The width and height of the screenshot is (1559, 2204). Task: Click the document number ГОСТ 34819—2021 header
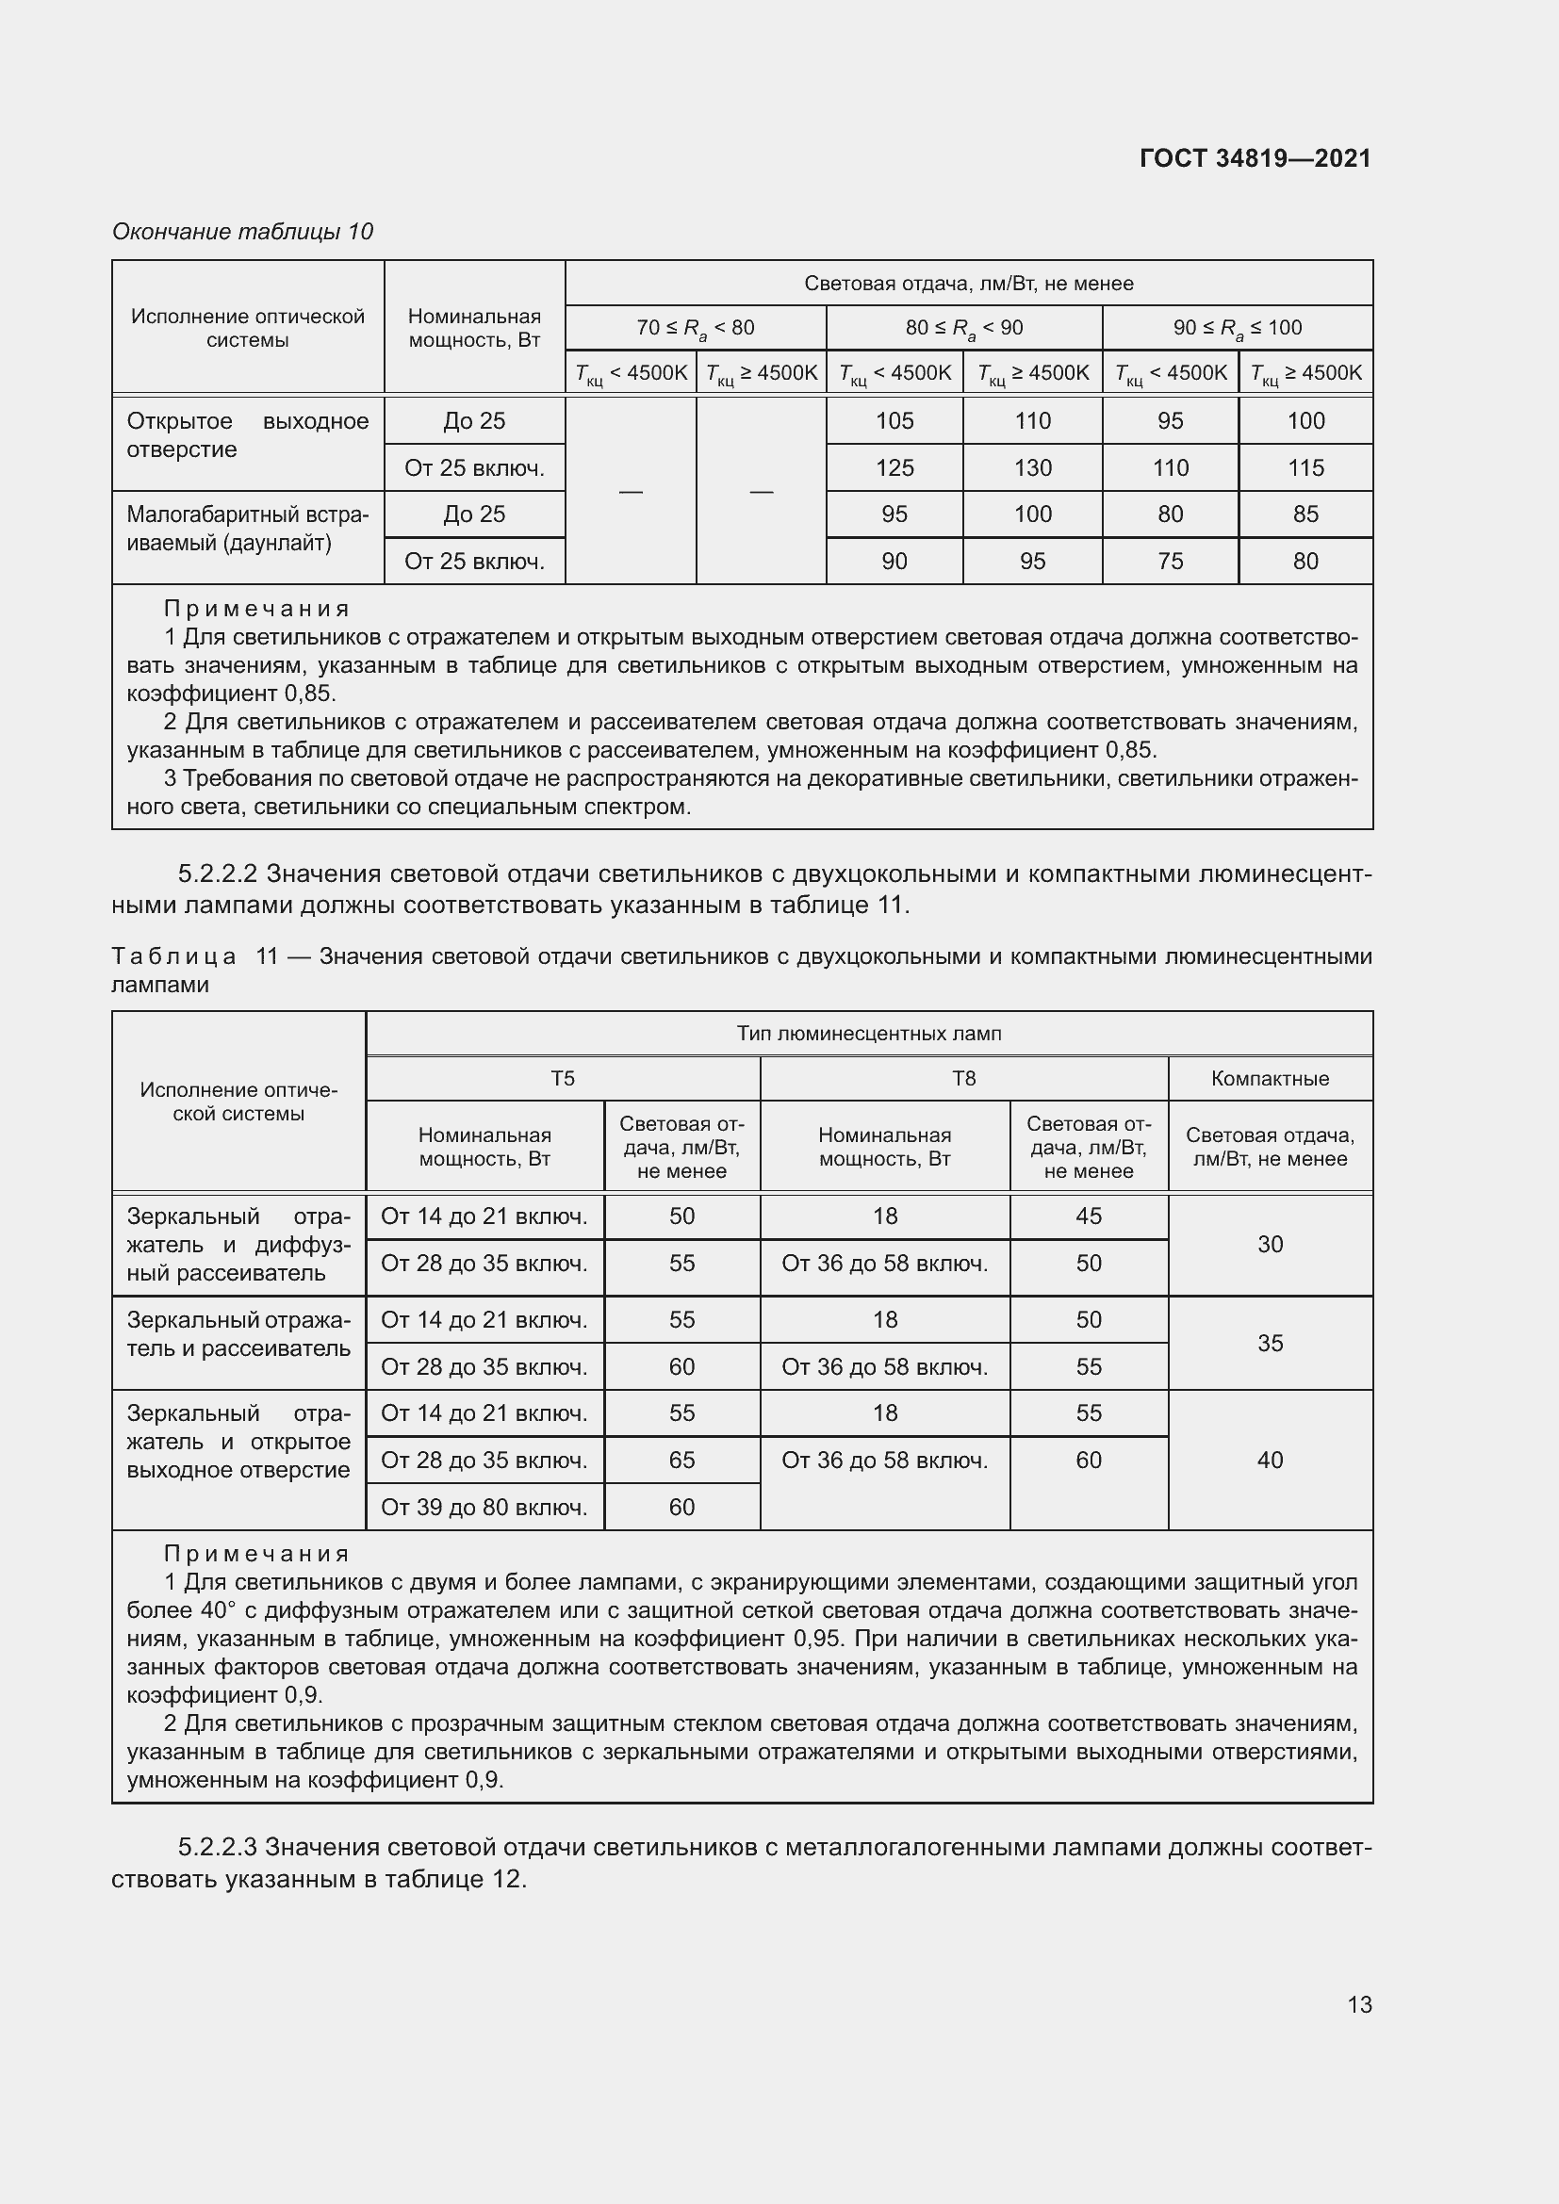(1255, 158)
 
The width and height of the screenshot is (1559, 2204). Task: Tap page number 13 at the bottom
(1359, 2004)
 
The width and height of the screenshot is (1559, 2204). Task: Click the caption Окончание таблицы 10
(242, 232)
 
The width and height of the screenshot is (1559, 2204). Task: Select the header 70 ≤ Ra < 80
(695, 328)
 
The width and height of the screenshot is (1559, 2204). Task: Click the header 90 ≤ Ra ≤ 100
(1237, 328)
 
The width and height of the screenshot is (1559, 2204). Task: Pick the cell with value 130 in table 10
(1032, 467)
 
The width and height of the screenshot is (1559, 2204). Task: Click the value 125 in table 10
(894, 467)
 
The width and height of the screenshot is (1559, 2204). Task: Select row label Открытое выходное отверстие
(247, 434)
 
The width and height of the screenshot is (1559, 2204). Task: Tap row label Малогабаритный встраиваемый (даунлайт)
(247, 528)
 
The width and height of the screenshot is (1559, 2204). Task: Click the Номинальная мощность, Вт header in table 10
(474, 328)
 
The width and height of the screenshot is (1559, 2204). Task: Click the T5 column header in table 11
(563, 1078)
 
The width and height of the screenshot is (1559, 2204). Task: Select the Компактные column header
(1269, 1078)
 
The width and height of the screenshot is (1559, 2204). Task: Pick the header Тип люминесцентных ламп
(868, 1033)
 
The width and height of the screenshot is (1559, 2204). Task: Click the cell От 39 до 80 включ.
(484, 1507)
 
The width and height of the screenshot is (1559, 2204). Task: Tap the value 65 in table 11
(681, 1460)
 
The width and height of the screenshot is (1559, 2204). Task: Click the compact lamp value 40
(1269, 1460)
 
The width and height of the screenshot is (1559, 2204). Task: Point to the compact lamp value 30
(1269, 1244)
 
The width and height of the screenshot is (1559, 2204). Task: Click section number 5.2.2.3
(217, 1847)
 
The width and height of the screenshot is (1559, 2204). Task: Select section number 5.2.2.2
(217, 873)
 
